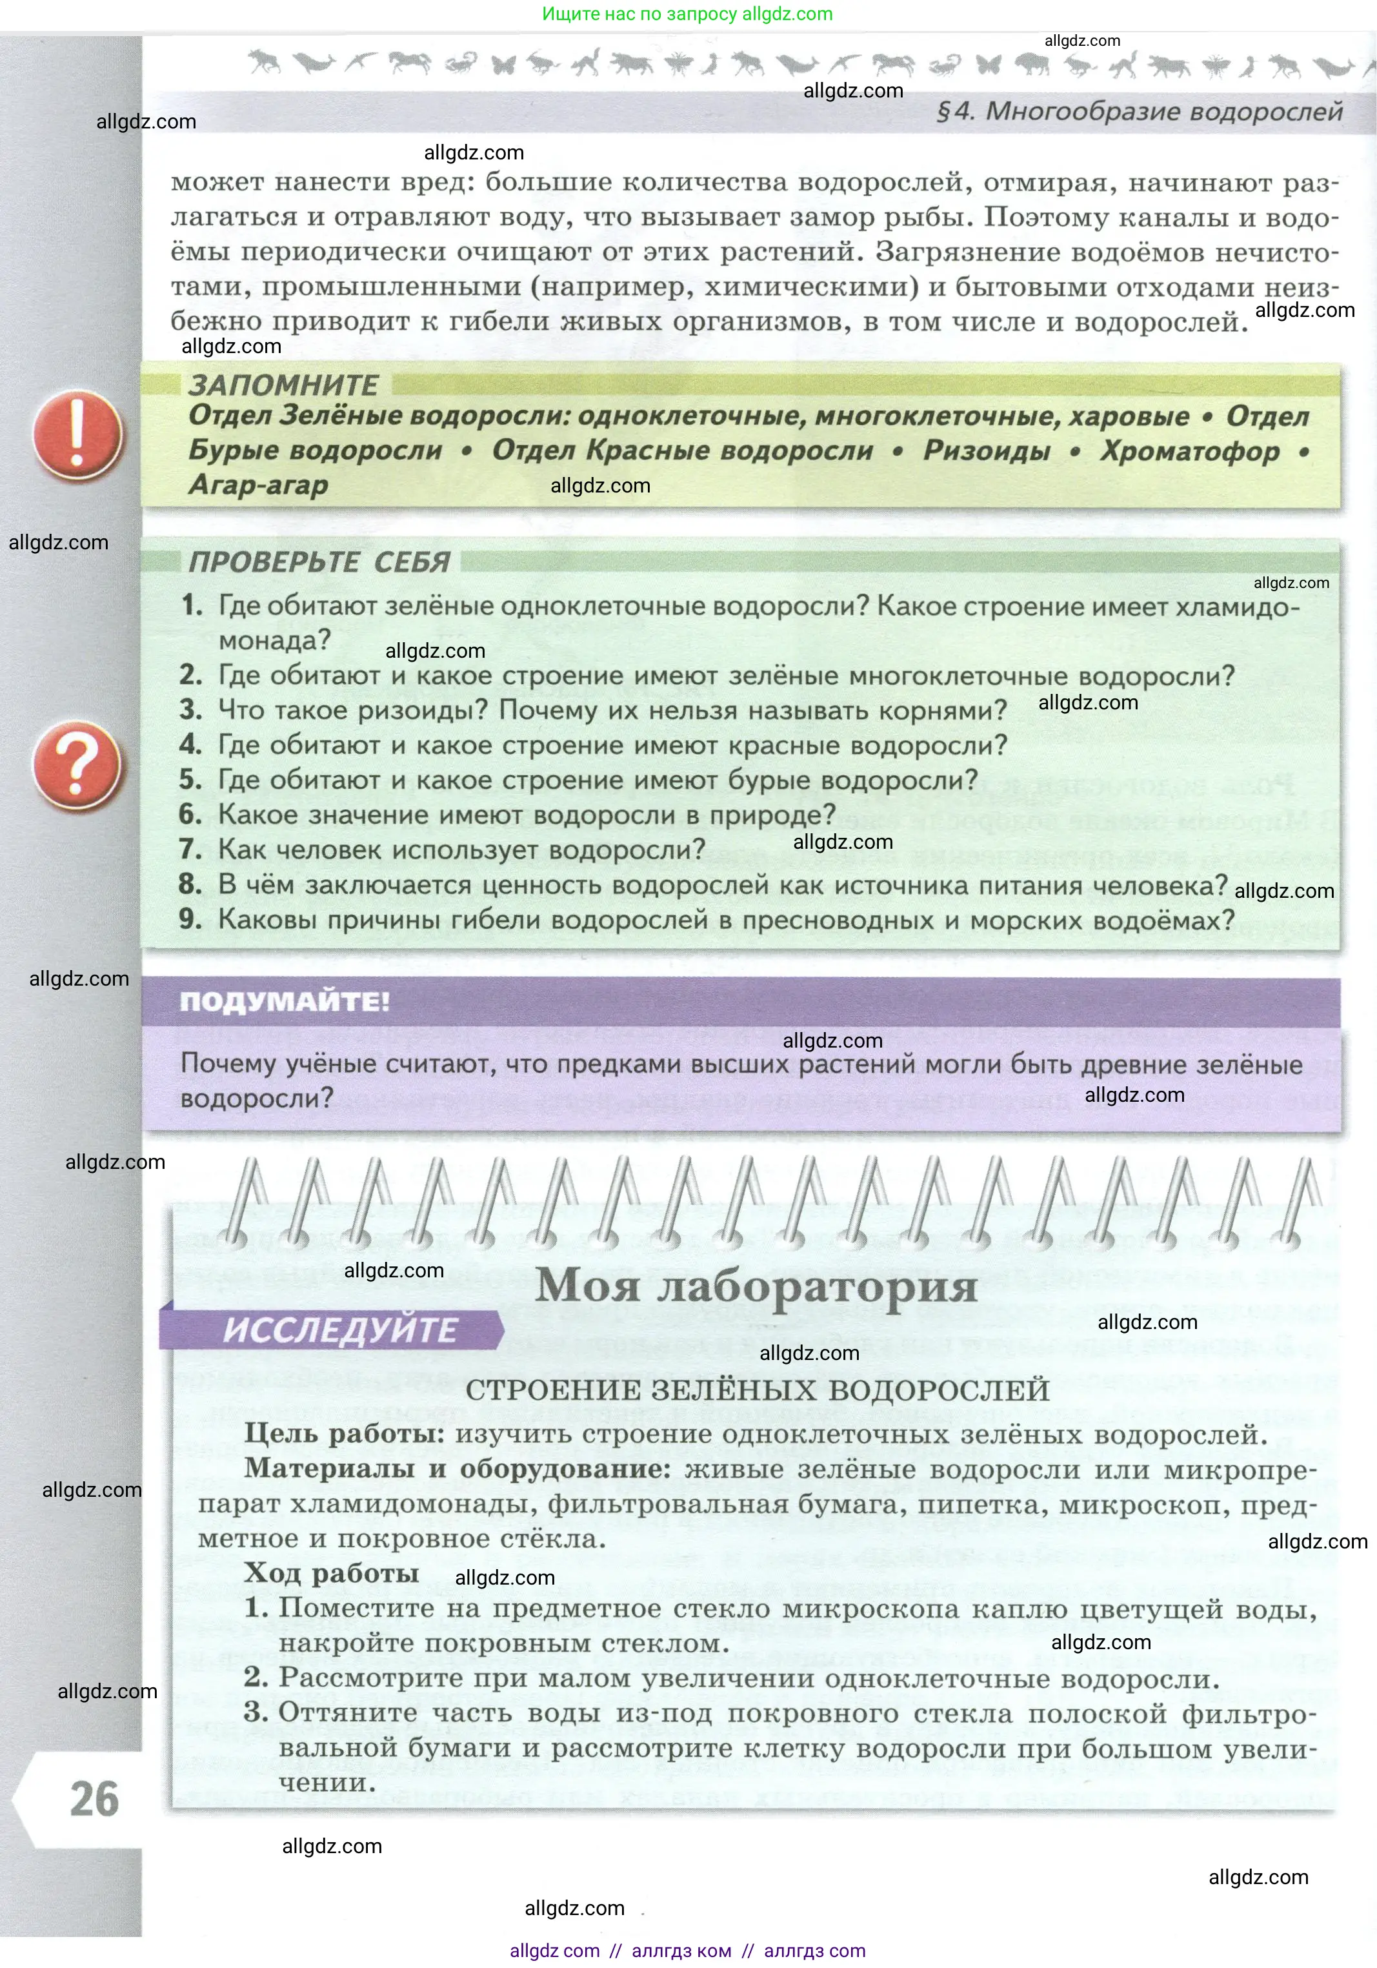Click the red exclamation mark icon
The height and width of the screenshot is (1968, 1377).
[78, 434]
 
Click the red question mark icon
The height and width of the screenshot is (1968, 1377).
[78, 766]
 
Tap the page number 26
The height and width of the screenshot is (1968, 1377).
[94, 1798]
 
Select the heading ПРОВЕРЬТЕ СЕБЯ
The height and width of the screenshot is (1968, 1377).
[319, 562]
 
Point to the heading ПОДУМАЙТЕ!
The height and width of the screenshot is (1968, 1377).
[285, 1001]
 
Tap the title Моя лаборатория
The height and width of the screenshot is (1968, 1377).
[756, 1286]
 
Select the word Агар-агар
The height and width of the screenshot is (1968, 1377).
[258, 485]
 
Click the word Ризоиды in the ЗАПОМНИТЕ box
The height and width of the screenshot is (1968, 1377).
[986, 451]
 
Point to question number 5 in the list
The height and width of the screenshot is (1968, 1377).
[190, 780]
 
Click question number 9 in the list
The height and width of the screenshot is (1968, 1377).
[190, 920]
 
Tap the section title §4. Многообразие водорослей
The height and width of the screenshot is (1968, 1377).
[1140, 112]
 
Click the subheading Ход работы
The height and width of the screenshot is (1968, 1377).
[332, 1573]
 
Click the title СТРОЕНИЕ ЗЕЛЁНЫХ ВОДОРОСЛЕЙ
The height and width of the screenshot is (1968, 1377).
[758, 1390]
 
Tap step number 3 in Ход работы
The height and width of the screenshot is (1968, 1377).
[256, 1712]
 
